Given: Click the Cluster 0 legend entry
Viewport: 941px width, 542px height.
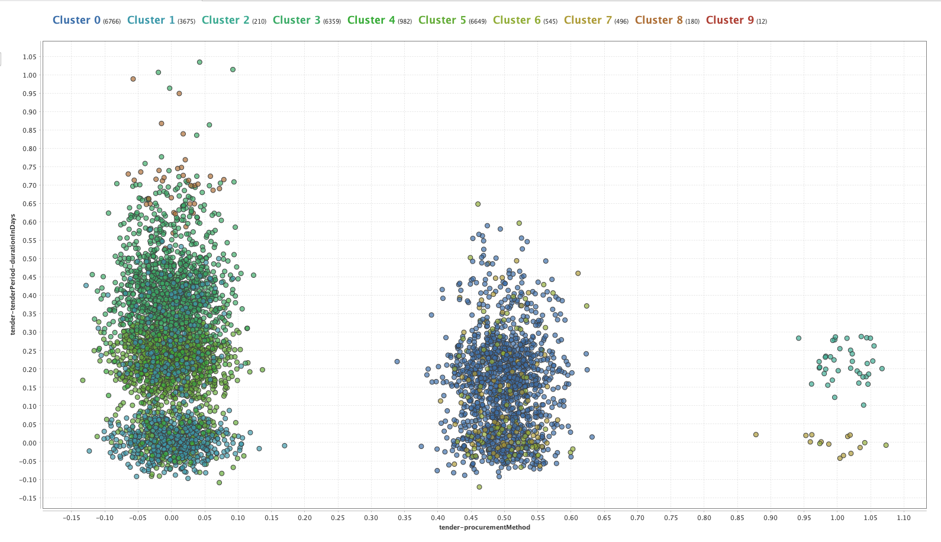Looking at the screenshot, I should coord(76,20).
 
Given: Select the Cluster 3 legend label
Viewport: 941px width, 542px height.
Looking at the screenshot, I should coord(297,20).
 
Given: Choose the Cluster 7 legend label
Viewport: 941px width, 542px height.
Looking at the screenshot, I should coord(588,20).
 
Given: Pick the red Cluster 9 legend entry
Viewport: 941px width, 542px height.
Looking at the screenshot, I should coord(730,20).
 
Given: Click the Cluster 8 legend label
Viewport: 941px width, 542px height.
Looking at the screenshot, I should coord(659,20).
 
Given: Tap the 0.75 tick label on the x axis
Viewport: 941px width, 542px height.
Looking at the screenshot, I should coord(671,518).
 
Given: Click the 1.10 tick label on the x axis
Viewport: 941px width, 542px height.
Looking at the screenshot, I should coord(904,518).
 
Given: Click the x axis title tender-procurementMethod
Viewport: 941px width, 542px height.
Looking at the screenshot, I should coord(484,527).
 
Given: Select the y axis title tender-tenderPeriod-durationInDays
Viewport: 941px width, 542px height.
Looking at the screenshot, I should coord(13,275).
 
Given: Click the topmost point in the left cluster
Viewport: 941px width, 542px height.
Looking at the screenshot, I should coord(199,62).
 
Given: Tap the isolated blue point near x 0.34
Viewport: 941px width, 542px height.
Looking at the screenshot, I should coord(397,361).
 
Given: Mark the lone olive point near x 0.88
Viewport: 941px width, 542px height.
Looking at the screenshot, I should coord(756,435).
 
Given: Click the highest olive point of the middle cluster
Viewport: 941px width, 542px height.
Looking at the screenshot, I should coord(478,204).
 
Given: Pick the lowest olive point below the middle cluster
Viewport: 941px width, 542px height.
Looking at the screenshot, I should coord(479,487).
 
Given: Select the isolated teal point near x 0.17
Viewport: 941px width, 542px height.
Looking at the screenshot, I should coord(284,445).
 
